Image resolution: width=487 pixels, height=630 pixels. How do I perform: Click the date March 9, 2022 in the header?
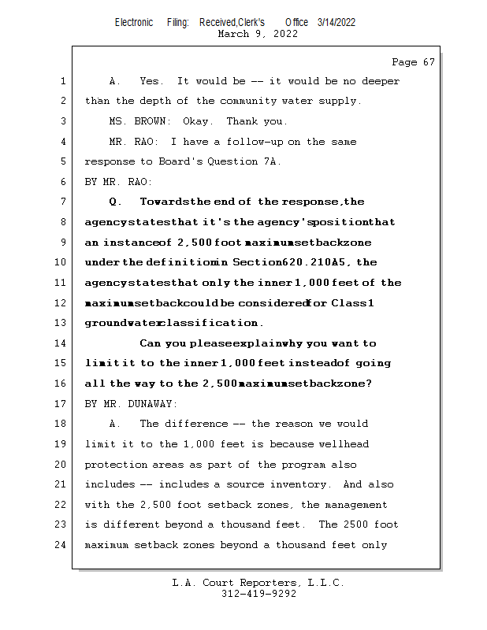(257, 34)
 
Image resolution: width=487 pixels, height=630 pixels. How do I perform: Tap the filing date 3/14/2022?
(336, 22)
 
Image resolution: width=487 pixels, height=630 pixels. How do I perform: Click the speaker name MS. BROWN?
(139, 121)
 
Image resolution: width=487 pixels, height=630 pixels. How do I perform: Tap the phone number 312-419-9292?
(259, 595)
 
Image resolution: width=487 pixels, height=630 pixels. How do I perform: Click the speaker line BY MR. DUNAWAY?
(132, 403)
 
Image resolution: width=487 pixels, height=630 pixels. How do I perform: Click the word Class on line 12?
(349, 303)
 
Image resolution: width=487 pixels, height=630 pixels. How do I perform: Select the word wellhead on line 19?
(344, 443)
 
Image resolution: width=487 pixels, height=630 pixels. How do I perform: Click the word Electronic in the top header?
(134, 22)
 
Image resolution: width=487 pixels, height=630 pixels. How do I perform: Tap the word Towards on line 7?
(164, 202)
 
